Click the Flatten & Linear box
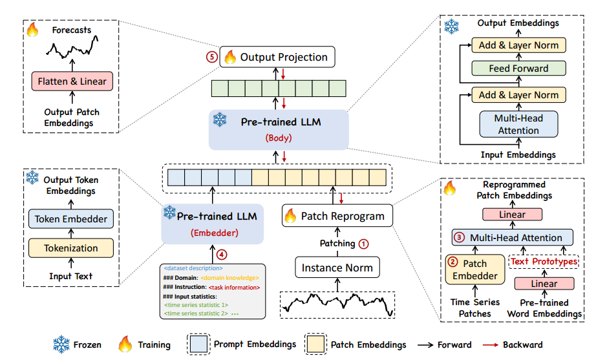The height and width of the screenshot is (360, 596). pos(72,81)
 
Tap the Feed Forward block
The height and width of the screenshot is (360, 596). pos(518,68)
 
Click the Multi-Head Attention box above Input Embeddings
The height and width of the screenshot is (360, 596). pos(518,124)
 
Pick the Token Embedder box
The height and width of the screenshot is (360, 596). pos(71,219)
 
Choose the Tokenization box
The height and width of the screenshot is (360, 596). pos(71,248)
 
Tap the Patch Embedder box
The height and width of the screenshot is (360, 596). pos(475,270)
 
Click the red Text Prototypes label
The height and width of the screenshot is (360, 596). pos(544,261)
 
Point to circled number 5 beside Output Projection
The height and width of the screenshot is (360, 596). pos(211,57)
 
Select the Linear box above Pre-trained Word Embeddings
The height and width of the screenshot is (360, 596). pos(544,284)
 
